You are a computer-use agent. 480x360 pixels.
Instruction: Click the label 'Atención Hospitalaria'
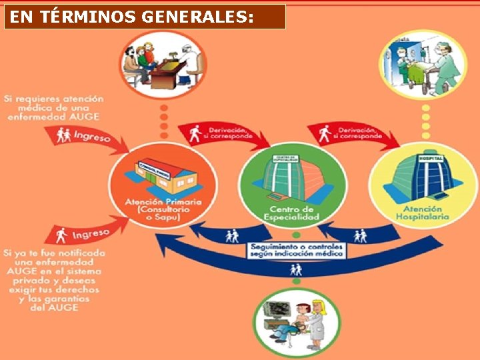(423, 213)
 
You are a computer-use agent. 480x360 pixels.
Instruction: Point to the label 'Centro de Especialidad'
(291, 213)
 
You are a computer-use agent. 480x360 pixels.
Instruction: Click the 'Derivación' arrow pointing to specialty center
(223, 133)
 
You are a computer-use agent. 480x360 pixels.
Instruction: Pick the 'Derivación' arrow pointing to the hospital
(353, 133)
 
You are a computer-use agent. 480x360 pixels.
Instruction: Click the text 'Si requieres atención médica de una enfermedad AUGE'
(53, 107)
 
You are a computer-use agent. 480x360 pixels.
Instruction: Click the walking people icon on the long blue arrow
(296, 270)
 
